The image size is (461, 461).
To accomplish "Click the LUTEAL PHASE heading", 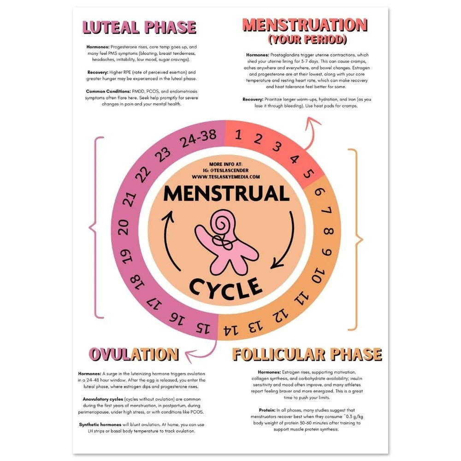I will pos(139,27).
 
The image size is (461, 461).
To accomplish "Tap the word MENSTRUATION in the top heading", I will pos(305,24).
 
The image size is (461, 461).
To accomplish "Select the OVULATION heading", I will pos(134,354).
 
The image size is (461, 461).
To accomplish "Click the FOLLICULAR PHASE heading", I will pos(307,354).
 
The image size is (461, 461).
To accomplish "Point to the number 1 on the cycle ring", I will pos(238,136).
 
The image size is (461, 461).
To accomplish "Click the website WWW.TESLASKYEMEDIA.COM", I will pos(226,177).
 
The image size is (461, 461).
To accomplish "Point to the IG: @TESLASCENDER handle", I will pos(226,170).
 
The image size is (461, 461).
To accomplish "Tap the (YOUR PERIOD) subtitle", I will pos(305,40).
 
